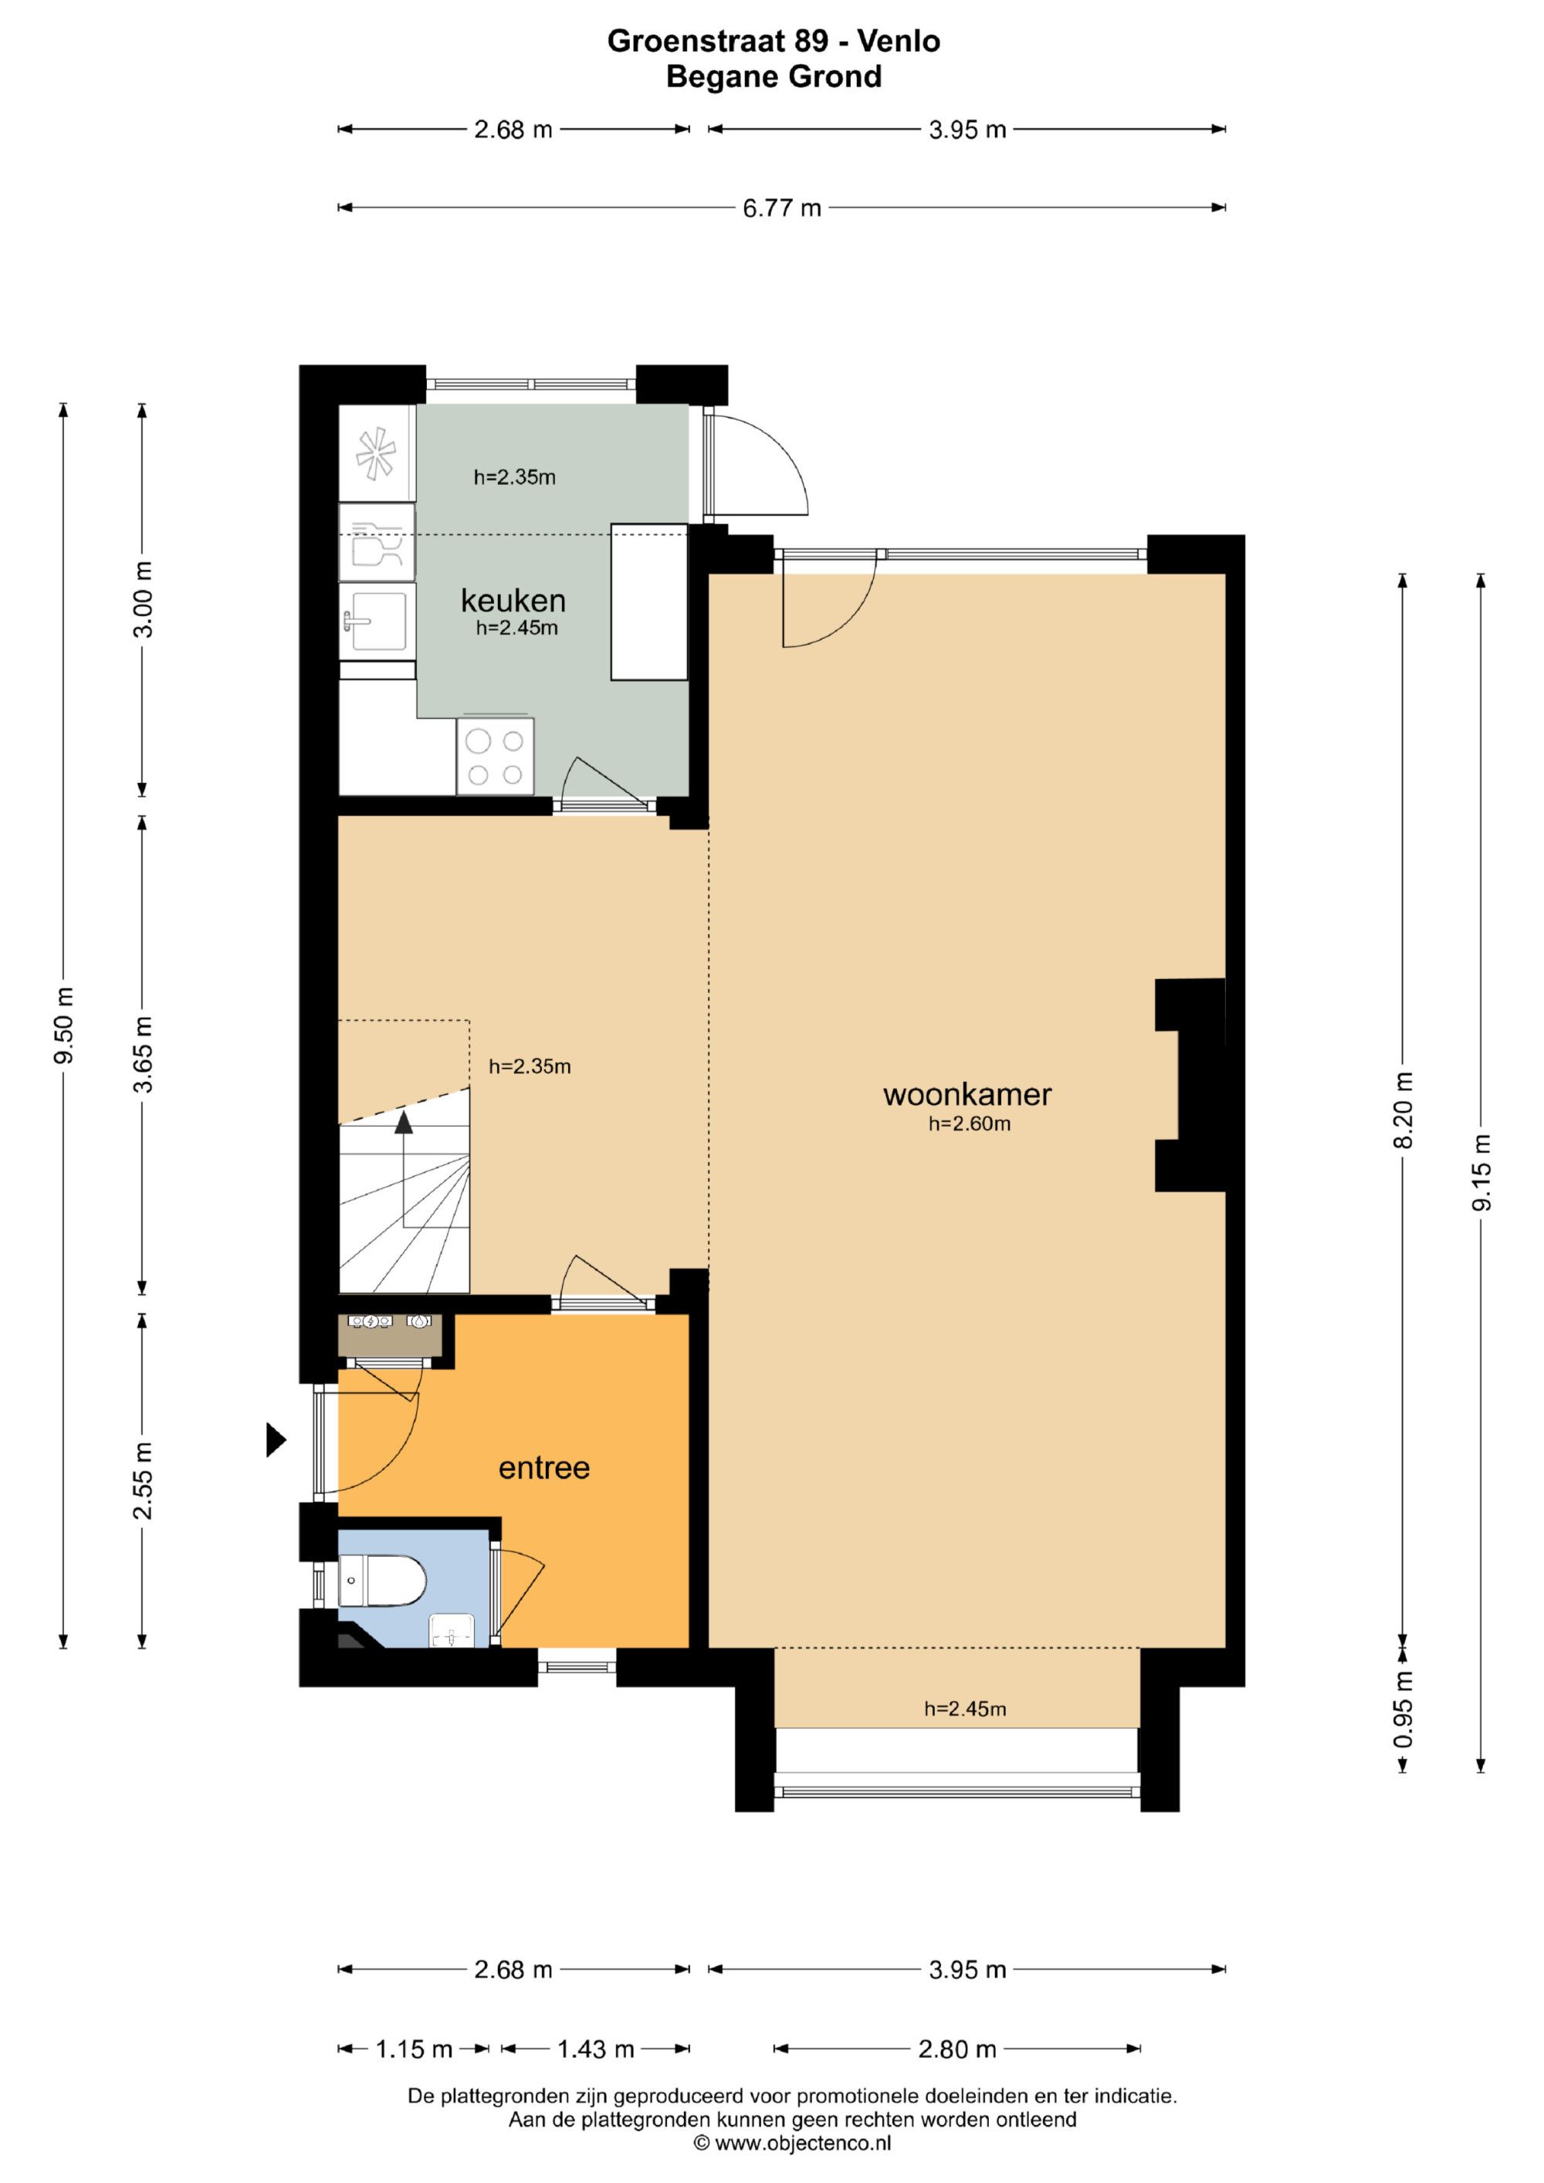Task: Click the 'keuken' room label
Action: click(x=513, y=601)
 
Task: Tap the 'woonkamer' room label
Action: click(x=967, y=1094)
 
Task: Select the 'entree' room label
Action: click(x=543, y=1468)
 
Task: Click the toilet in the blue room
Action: click(x=382, y=1580)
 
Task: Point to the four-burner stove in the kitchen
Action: click(x=496, y=757)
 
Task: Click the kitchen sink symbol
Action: click(x=378, y=621)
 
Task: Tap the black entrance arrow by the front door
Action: click(x=276, y=1439)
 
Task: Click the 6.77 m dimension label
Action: click(x=781, y=208)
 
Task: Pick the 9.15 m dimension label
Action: click(x=1481, y=1172)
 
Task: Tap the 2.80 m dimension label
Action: click(x=957, y=2049)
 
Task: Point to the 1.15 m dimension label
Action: click(x=414, y=2049)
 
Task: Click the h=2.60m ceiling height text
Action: click(x=969, y=1124)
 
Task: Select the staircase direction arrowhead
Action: click(x=404, y=1122)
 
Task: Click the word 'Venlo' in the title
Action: click(x=899, y=41)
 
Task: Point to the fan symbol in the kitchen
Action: click(x=377, y=453)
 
